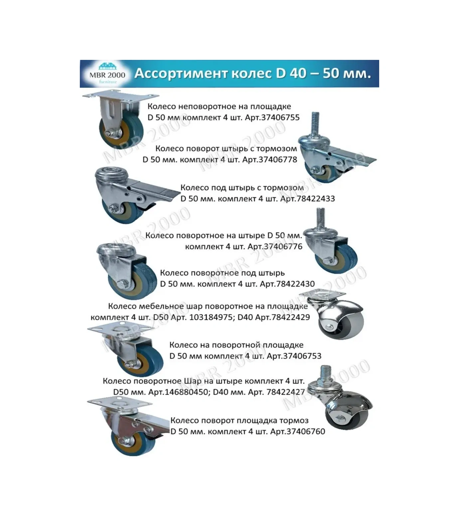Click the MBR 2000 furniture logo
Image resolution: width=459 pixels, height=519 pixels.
(x=107, y=74)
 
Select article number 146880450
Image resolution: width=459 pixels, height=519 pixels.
(x=187, y=392)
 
